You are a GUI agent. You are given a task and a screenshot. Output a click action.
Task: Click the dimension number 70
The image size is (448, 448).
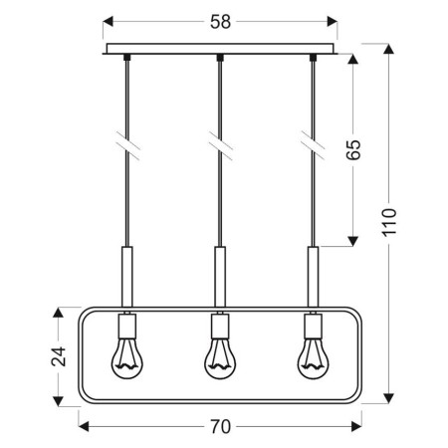[x=221, y=427]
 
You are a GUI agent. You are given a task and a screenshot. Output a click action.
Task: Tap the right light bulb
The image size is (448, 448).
[x=313, y=359]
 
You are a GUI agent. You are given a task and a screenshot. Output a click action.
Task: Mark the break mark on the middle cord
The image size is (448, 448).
[x=219, y=144]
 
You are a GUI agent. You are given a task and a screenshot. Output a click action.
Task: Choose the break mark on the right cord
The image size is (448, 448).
[x=313, y=144]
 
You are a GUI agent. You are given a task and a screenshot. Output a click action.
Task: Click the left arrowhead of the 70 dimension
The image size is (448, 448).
[x=83, y=427]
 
